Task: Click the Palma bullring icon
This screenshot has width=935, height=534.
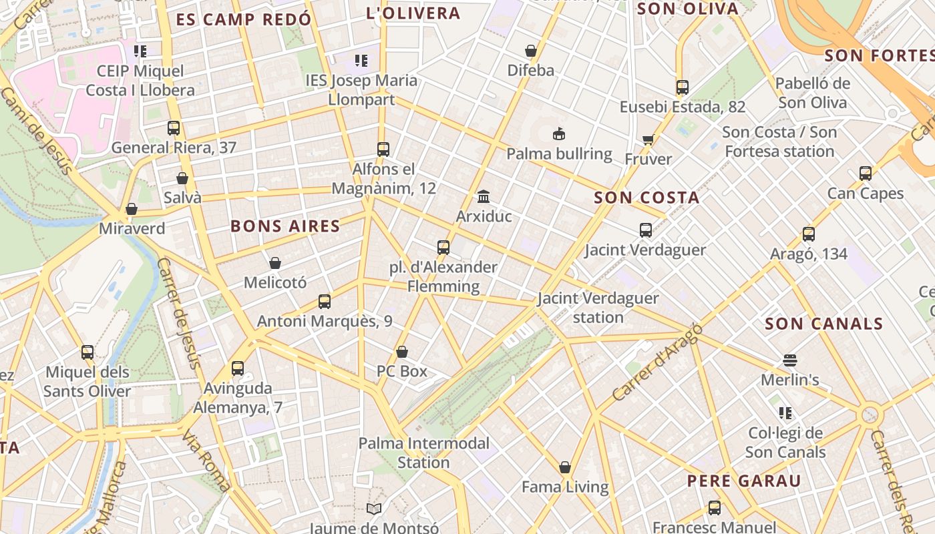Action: (x=559, y=133)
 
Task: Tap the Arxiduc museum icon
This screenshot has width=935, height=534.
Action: (x=484, y=196)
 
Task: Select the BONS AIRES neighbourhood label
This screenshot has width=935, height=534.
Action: (x=285, y=226)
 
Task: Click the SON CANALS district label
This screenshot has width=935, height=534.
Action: (x=823, y=324)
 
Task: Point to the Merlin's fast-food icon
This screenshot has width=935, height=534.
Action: (x=790, y=360)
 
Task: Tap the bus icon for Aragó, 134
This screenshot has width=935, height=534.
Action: (x=809, y=234)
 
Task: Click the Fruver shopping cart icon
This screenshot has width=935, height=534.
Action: (x=648, y=140)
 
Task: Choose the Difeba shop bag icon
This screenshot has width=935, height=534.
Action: (x=531, y=51)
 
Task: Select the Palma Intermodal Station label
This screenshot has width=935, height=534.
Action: (x=424, y=453)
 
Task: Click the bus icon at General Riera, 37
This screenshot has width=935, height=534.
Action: (x=174, y=128)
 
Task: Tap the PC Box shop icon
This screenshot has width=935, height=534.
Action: (x=402, y=352)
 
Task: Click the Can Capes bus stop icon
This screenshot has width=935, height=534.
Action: (x=866, y=174)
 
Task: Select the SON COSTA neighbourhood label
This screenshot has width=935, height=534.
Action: (x=646, y=198)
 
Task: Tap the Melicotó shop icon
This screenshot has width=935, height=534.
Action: (x=275, y=264)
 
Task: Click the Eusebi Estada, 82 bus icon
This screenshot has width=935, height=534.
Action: (x=682, y=87)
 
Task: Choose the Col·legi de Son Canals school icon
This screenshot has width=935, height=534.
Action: (x=785, y=413)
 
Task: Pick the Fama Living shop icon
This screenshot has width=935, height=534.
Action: (x=565, y=467)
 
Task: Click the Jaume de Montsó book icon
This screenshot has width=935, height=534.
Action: (x=374, y=509)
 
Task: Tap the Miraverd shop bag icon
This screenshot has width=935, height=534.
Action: (x=132, y=210)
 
